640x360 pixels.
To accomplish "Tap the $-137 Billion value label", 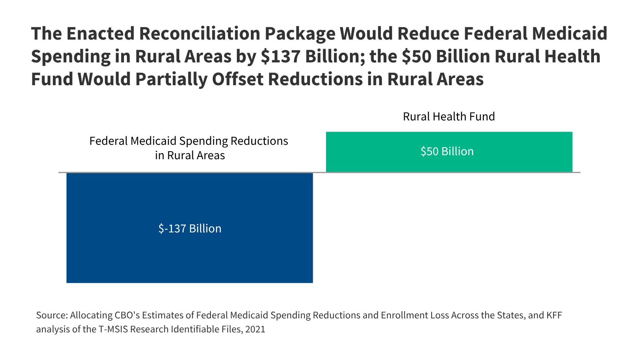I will (x=190, y=228).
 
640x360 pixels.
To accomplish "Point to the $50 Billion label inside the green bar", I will (x=447, y=152).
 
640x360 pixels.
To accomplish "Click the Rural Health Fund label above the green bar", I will (x=449, y=116).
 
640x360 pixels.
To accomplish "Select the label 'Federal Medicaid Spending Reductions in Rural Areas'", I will (x=189, y=148).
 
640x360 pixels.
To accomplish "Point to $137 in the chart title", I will (x=280, y=56).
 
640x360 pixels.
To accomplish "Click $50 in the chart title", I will (x=416, y=56).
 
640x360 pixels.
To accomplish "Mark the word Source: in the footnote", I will (x=52, y=315).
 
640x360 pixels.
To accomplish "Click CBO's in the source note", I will (x=127, y=315).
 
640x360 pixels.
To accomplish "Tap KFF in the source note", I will (x=554, y=315).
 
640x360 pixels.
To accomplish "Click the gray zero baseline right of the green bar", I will (x=576, y=172).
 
